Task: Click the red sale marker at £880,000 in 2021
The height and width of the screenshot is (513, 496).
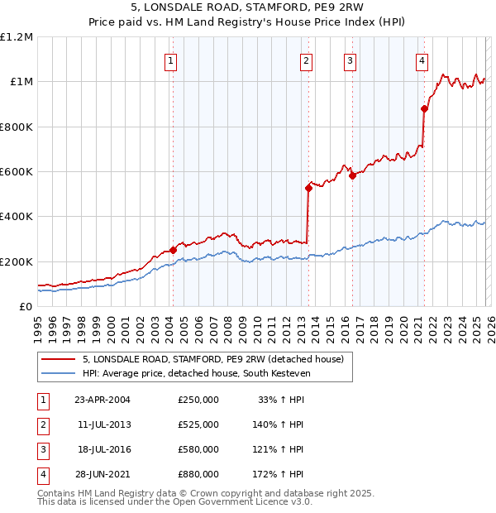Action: (x=424, y=108)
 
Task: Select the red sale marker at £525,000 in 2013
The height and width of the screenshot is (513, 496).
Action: (x=308, y=188)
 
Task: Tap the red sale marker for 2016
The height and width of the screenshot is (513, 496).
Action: (x=352, y=175)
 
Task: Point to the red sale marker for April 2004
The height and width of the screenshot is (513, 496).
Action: (x=173, y=250)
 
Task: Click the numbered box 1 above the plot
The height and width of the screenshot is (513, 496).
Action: (x=170, y=60)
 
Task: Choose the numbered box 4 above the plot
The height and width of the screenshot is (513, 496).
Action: (x=422, y=60)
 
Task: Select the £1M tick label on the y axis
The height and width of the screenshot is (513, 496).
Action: (x=21, y=82)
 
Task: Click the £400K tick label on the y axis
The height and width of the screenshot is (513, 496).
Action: (x=17, y=217)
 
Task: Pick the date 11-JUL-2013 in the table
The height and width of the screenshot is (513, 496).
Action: (x=103, y=424)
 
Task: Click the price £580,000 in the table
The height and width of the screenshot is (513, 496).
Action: (x=198, y=449)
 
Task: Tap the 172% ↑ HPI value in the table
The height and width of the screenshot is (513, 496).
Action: (x=278, y=474)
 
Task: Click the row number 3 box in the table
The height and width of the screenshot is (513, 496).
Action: (x=41, y=449)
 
